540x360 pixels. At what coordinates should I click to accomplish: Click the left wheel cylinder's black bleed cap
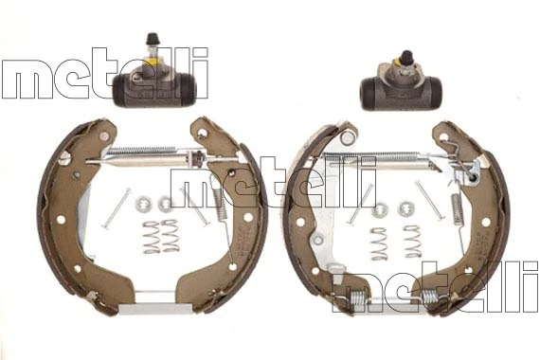pos(153,39)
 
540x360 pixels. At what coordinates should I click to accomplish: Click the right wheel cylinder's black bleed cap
pos(406,57)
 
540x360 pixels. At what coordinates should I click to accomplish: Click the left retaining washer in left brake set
pos(141,204)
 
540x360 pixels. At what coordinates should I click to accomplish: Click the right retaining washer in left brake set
pos(166,204)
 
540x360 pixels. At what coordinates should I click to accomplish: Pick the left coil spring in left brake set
pos(151,237)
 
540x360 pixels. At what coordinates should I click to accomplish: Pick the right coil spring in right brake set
pos(413,242)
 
